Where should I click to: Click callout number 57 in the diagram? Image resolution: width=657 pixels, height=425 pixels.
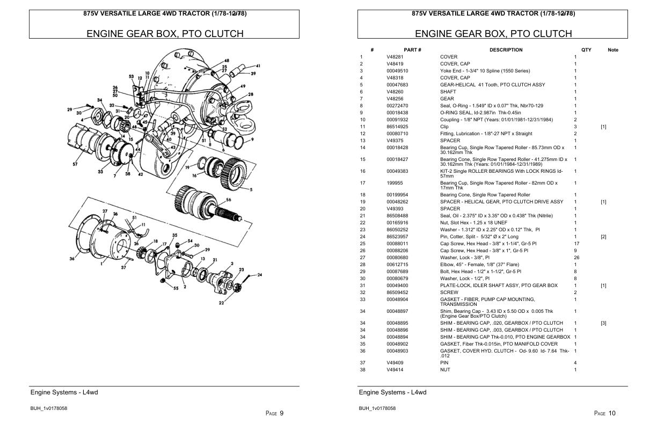click(75, 164)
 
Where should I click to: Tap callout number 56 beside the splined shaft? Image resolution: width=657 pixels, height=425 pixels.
click(228, 200)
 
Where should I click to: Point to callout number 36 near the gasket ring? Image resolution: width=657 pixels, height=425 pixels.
click(72, 259)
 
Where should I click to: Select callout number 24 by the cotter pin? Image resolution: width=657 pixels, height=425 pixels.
click(260, 275)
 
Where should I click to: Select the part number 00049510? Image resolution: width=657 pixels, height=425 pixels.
click(397, 71)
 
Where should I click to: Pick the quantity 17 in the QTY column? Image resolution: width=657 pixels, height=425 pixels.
click(576, 244)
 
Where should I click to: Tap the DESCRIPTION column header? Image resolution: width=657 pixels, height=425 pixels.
click(506, 50)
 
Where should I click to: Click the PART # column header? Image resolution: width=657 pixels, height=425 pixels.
click(412, 50)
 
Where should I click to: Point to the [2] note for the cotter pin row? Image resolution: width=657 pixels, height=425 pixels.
click(603, 237)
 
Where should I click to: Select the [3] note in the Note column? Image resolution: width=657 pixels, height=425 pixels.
click(603, 323)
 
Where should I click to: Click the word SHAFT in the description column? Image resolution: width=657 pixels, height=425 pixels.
click(448, 92)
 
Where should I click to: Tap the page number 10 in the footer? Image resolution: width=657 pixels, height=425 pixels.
click(612, 413)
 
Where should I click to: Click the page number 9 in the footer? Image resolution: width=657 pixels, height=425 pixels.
click(281, 413)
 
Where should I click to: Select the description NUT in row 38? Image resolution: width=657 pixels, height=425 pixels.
click(445, 370)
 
